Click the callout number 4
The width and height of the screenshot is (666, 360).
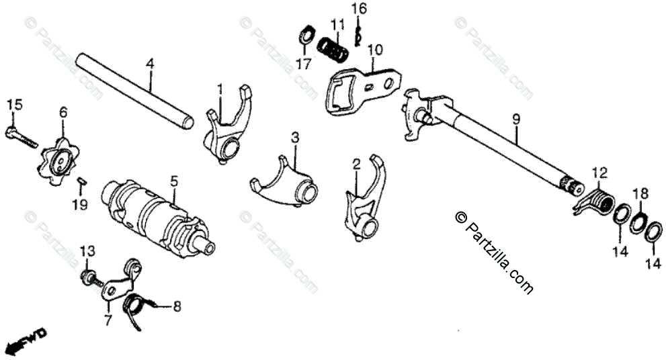(150, 64)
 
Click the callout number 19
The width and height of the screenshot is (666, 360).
(80, 204)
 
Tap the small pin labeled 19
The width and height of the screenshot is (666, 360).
(80, 179)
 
